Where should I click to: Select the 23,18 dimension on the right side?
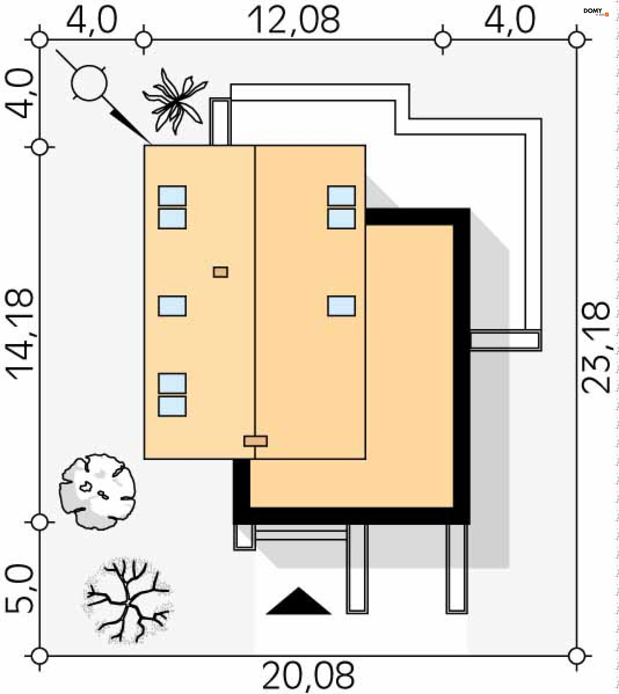(x=595, y=347)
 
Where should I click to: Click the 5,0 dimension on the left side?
(x=19, y=589)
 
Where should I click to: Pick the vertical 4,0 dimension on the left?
(x=19, y=94)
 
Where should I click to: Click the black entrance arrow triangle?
(x=298, y=602)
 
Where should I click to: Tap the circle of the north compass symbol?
(x=89, y=83)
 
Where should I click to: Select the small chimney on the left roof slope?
(x=221, y=272)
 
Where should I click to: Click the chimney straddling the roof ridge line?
(x=255, y=441)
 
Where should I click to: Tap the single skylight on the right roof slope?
(x=341, y=306)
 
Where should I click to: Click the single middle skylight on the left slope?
(x=172, y=306)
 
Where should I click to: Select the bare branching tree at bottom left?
(x=128, y=601)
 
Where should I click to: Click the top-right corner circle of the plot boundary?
(x=576, y=40)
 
